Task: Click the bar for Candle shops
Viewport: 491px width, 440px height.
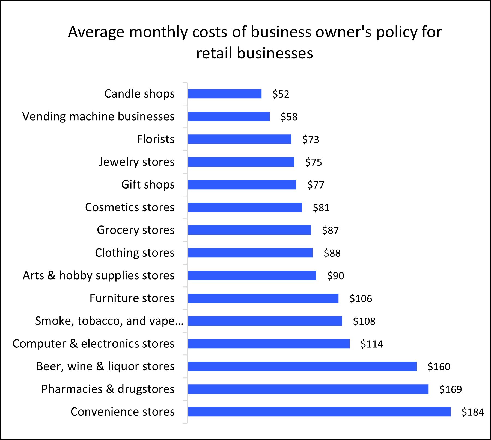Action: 225,94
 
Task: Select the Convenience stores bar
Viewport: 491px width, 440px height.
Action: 319,412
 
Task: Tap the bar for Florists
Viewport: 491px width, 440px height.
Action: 239,139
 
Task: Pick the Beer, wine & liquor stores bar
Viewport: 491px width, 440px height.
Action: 302,366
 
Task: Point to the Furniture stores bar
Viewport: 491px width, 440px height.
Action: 263,298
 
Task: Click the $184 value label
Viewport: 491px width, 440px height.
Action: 472,412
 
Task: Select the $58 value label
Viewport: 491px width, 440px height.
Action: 289,117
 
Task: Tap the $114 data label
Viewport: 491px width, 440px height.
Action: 371,344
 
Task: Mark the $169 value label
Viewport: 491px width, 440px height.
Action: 450,389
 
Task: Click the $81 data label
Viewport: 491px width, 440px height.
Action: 321,208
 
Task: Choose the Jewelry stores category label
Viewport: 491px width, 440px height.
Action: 136,162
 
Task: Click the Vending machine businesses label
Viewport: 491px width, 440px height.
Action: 98,116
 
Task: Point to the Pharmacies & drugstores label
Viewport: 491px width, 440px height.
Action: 108,389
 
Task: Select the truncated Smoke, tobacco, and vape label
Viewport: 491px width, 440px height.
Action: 109,321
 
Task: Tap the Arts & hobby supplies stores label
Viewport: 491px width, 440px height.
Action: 99,275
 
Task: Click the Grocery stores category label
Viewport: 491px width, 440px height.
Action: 136,230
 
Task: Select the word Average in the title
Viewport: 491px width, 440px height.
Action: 96,32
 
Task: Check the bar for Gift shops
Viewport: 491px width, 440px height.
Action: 242,185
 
